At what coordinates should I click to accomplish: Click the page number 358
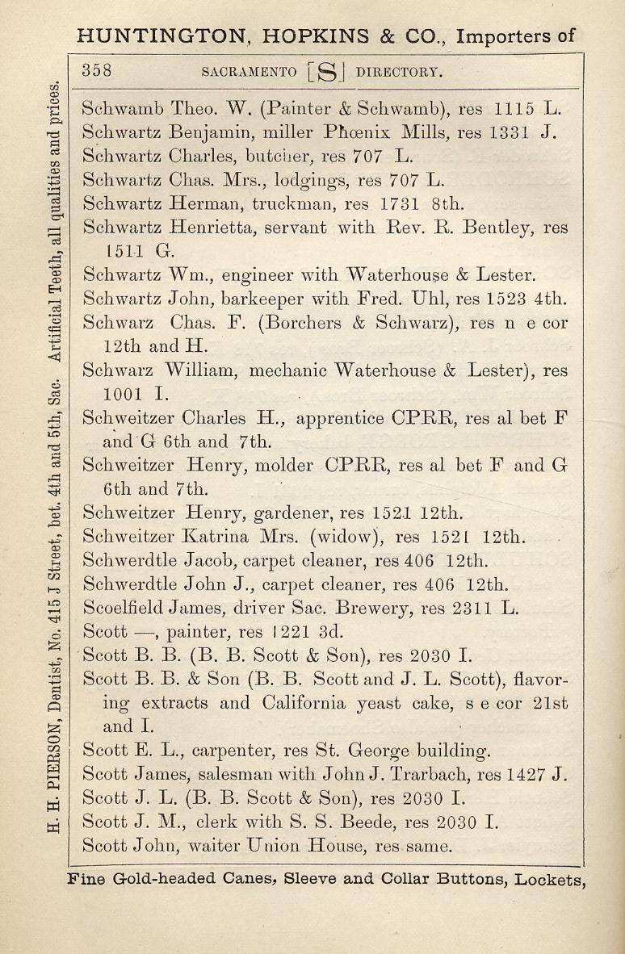(97, 70)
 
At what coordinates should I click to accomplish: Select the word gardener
(290, 513)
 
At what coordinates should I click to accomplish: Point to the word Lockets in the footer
(549, 880)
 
